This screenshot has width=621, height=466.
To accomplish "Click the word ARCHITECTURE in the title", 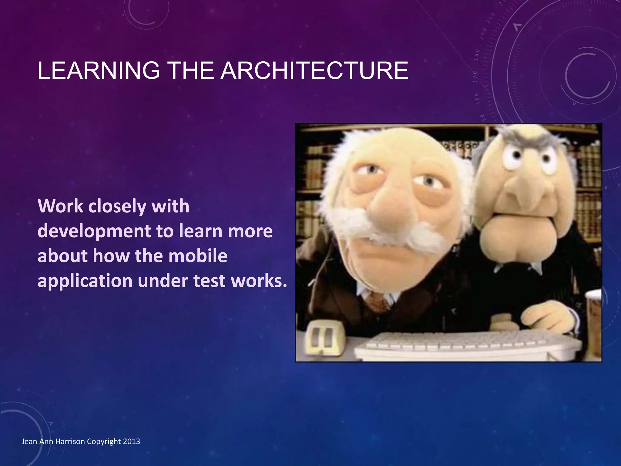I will click(314, 71).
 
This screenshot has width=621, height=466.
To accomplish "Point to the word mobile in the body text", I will click(198, 256).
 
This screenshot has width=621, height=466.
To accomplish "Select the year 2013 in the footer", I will click(132, 441).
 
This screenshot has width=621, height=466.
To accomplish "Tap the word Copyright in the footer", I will click(104, 442).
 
